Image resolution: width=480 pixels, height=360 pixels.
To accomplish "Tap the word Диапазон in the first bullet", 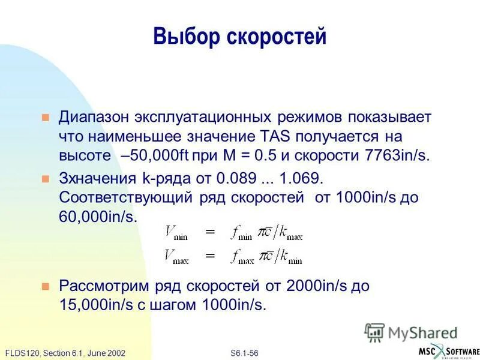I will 91,117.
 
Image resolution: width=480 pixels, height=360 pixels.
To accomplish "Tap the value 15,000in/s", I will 98,304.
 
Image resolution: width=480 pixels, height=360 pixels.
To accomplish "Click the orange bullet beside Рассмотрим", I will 44,286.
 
